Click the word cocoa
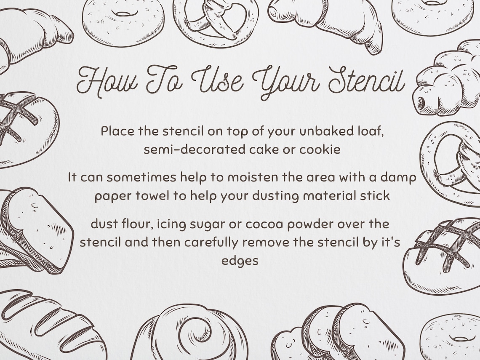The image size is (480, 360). [264, 224]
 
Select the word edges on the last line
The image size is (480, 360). [240, 261]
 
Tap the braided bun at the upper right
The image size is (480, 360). [448, 80]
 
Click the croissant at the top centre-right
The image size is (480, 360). [333, 19]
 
